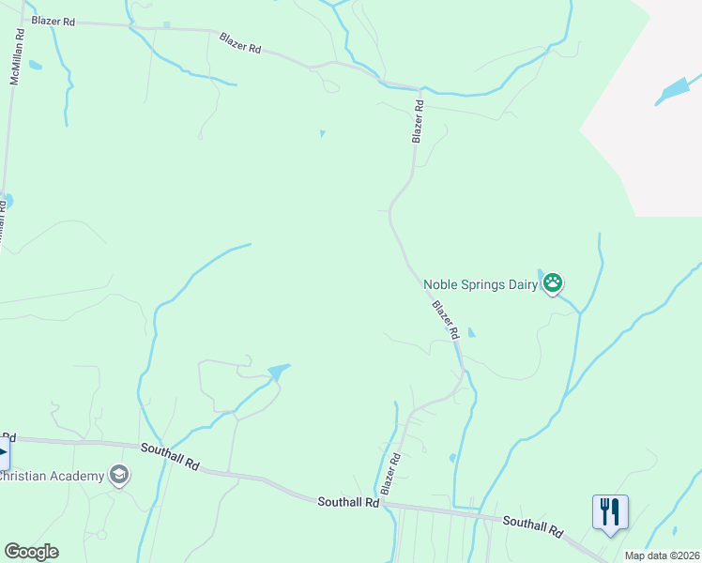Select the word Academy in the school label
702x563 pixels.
(81, 476)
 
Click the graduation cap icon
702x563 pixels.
(119, 475)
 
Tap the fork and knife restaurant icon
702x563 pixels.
(610, 511)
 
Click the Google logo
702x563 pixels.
(31, 552)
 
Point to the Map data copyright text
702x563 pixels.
(661, 555)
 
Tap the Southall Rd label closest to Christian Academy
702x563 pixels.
(171, 456)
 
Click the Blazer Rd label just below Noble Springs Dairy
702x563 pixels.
(446, 320)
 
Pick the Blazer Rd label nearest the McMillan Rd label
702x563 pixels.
(53, 21)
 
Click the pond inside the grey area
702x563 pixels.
(674, 91)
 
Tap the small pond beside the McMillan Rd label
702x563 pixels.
(36, 66)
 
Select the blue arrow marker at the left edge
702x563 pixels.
(3, 456)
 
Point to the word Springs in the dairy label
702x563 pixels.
(482, 284)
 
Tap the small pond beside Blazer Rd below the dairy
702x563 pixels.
(471, 332)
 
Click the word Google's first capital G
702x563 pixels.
(12, 552)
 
